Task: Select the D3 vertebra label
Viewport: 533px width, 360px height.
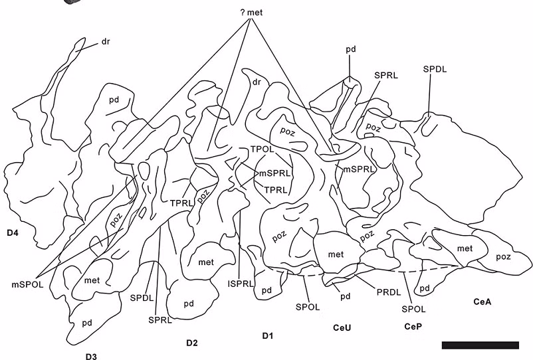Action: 91,357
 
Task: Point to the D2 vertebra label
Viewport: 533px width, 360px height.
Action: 192,343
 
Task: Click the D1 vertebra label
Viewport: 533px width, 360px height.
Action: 267,335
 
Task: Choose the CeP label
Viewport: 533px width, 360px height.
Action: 413,327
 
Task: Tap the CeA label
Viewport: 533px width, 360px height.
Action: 482,302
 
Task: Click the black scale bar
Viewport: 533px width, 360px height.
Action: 480,345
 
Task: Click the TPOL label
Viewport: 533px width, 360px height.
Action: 263,149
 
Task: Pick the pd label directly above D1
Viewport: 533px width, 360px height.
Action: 266,290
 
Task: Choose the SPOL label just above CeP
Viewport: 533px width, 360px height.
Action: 414,309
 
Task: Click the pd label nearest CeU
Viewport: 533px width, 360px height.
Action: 345,296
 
